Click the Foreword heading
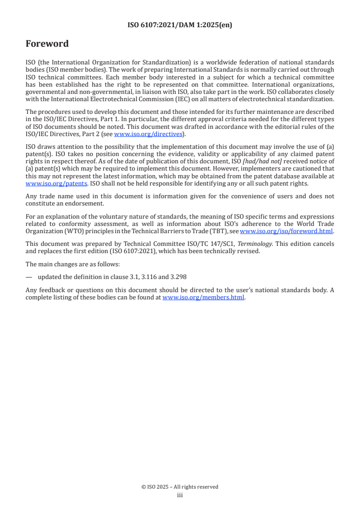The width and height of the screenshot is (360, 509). pos(47,44)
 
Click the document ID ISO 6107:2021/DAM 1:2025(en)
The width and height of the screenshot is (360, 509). pos(180,25)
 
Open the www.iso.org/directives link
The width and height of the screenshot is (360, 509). pos(148,134)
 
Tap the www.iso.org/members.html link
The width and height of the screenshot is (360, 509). pos(203,298)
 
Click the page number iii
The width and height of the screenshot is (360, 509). pos(180,495)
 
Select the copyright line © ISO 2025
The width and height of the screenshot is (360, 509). pos(180,487)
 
